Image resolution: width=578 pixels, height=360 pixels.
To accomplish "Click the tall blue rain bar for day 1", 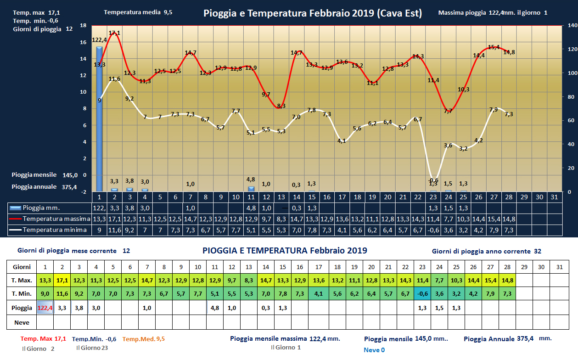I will pos(99,119).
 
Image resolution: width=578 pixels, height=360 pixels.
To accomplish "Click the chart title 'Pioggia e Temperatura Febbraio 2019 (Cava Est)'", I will pos(312,13).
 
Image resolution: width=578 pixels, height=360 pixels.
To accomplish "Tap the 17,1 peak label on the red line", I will pos(114,33).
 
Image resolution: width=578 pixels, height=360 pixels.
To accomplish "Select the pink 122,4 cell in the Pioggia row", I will pos(45,308).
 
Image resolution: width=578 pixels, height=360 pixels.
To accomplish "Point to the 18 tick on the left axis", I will pos(83,26).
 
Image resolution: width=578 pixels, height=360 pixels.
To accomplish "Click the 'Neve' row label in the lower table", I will pos(22,322).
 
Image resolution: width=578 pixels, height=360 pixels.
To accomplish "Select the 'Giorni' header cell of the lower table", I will pos(22,267).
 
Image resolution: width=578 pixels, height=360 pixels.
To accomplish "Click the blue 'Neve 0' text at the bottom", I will pos(374,350).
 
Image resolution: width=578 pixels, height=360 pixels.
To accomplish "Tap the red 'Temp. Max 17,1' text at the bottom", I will pos(44,339).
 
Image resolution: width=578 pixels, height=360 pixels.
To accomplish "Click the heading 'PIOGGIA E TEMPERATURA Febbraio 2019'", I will pos(285,251).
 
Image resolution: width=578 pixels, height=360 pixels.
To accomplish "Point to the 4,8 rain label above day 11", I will pos(251,180).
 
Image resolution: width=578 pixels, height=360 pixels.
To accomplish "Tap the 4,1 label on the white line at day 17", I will pos(342,141).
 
